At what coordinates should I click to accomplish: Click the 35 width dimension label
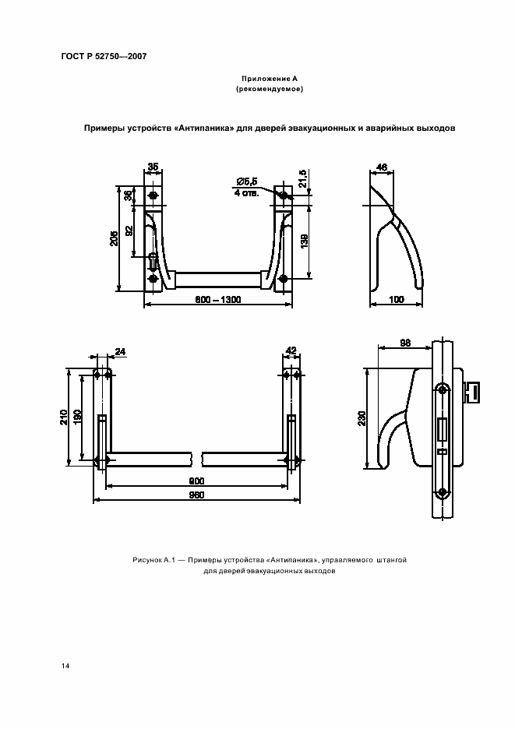tap(153, 167)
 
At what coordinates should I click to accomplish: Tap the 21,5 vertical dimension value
tap(302, 179)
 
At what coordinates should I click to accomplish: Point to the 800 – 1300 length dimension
tap(218, 299)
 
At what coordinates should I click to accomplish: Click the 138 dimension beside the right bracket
tap(305, 241)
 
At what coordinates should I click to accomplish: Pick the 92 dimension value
tap(129, 231)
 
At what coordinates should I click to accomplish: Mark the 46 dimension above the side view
tap(381, 167)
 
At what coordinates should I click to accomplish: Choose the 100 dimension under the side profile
tap(396, 300)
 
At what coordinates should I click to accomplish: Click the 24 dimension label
tap(120, 352)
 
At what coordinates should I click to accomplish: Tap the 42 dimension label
tap(291, 350)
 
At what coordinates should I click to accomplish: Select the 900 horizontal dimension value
tap(196, 481)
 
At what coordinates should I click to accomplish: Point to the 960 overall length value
tap(196, 495)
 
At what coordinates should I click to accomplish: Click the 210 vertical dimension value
tap(64, 417)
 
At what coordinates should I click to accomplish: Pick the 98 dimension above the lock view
tap(404, 343)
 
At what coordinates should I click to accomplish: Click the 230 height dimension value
tap(362, 417)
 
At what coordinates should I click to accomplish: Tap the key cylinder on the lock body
tap(473, 390)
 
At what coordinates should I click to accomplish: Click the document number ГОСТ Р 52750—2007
tap(104, 57)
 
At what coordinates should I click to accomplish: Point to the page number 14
tap(65, 666)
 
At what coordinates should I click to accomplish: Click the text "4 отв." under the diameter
tap(246, 193)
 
